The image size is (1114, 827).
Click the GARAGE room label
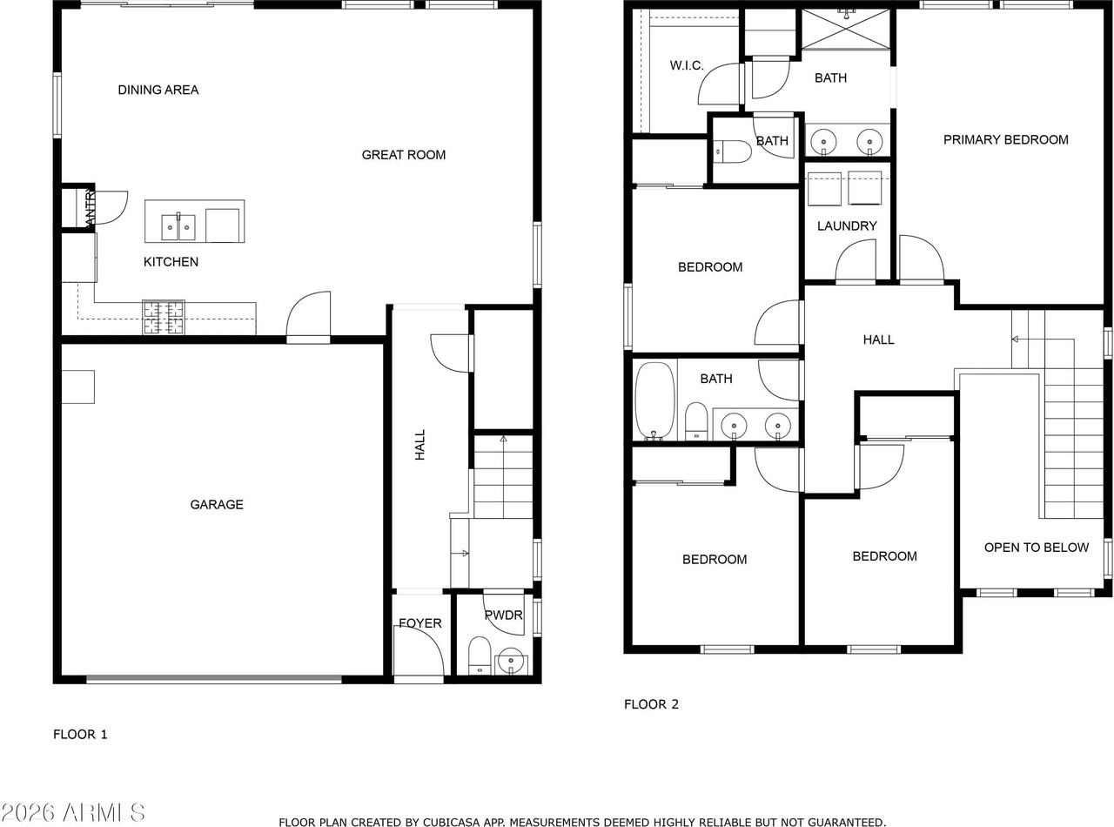(217, 504)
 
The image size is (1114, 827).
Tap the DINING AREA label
(158, 90)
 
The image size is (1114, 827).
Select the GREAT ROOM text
(404, 155)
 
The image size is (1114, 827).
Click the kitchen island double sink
(178, 226)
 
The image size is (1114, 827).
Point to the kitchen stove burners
(164, 317)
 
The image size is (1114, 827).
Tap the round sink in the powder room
(511, 661)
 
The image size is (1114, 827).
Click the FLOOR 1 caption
(80, 734)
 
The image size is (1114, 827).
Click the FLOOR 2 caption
(651, 704)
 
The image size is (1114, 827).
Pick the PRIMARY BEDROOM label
(1005, 139)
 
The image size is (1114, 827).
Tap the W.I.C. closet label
(687, 65)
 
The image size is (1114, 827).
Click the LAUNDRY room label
(847, 225)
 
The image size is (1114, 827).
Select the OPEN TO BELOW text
(1036, 548)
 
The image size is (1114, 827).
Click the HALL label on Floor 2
(878, 340)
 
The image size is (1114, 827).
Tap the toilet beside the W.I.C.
(733, 152)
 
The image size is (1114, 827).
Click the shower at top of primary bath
(846, 29)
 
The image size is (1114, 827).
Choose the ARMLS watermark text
(74, 813)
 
